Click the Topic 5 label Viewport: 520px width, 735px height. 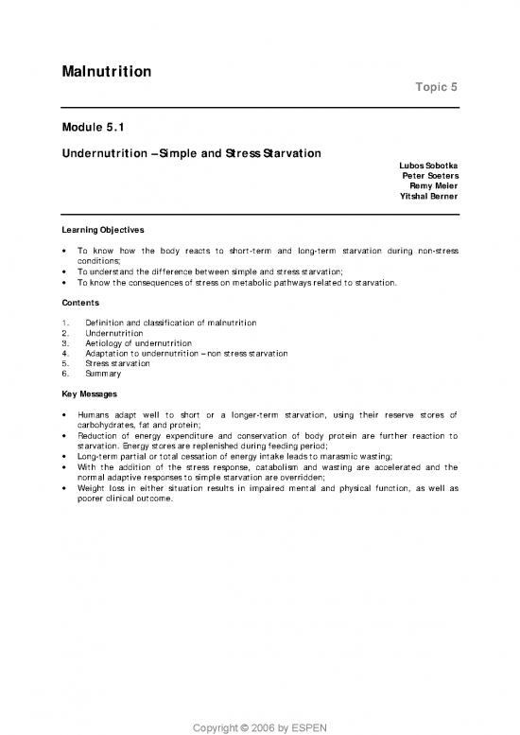[x=436, y=88]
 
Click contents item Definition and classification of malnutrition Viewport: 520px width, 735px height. [x=166, y=324]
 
